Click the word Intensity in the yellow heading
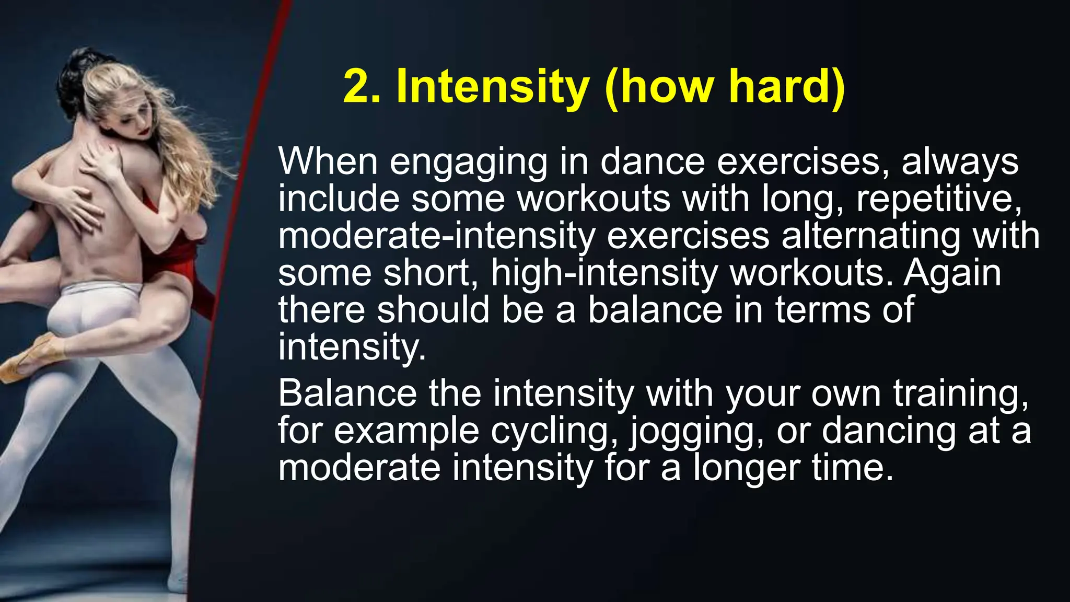coord(493,87)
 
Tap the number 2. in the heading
coord(362,87)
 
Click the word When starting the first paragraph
coord(328,161)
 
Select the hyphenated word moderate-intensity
coord(436,236)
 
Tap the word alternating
coord(870,236)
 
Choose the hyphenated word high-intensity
coord(604,274)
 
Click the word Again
coord(952,274)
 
